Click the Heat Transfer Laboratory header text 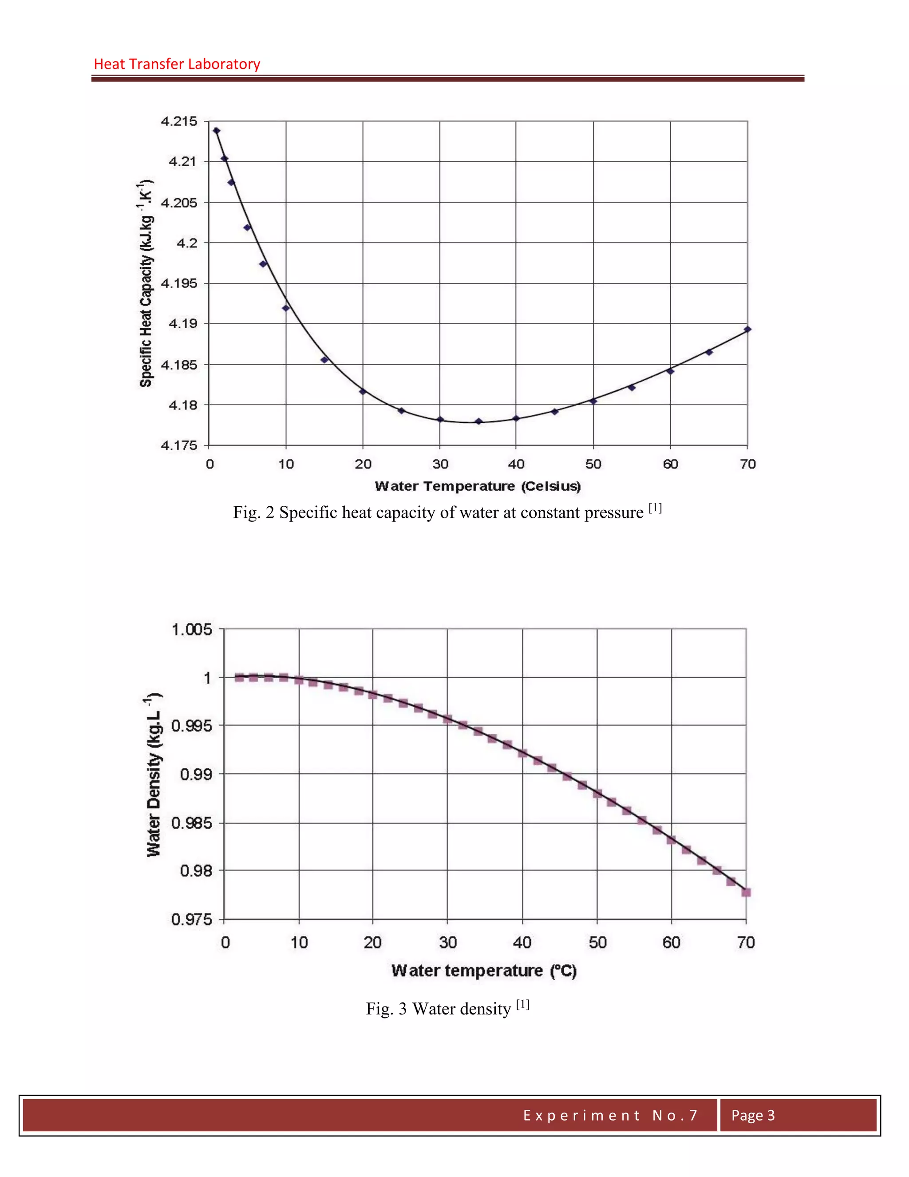point(177,64)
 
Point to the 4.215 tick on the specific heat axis point(179,121)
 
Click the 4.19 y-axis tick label point(183,324)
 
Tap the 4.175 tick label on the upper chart point(179,445)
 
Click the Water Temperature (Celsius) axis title point(478,486)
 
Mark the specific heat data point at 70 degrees point(747,329)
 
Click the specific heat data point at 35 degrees point(478,421)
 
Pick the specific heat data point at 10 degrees point(286,308)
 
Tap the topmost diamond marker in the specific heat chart point(217,131)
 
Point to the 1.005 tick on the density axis point(192,629)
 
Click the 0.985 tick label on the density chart point(192,823)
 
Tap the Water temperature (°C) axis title point(484,970)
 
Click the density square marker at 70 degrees point(746,892)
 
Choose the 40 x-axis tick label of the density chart point(522,942)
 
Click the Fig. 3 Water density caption point(447,1008)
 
